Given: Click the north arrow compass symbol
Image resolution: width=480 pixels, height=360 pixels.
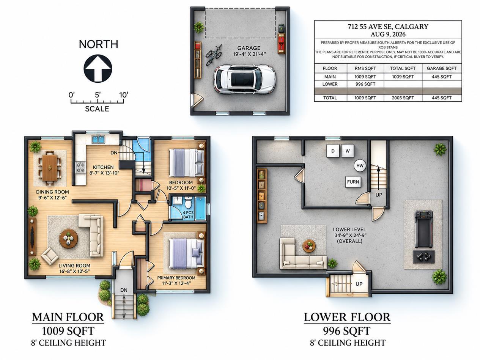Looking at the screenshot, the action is (x=98, y=68).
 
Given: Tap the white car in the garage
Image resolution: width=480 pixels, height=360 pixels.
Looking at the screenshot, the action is (x=244, y=79).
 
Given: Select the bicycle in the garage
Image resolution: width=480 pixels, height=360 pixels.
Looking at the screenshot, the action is (x=214, y=54).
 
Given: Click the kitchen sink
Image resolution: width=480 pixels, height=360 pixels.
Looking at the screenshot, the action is (x=98, y=140).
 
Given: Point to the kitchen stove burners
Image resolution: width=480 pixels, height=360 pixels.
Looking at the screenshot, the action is (x=80, y=167).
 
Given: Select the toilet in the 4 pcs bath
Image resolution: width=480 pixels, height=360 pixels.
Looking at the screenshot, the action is (x=188, y=202).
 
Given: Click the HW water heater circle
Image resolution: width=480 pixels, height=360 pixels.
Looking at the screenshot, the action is (x=360, y=166).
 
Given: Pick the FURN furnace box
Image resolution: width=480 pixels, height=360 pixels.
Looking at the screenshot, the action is (x=353, y=182).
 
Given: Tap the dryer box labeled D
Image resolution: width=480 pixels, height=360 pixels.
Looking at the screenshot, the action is (x=333, y=151).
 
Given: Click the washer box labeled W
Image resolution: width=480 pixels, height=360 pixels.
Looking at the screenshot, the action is (x=348, y=151).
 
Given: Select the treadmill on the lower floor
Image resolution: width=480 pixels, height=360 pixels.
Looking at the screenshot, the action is (x=423, y=229).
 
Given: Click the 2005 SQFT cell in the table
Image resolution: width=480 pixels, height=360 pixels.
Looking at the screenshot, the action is (x=403, y=98).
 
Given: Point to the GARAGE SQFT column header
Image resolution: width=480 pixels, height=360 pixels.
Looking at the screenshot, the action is (x=442, y=68).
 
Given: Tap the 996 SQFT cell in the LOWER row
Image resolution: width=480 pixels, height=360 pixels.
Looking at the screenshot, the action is (x=365, y=84).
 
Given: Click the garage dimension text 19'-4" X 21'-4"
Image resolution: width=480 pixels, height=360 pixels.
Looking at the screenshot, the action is (x=249, y=54).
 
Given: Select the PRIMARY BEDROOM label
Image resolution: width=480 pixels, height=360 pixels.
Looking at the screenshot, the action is (x=176, y=278).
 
